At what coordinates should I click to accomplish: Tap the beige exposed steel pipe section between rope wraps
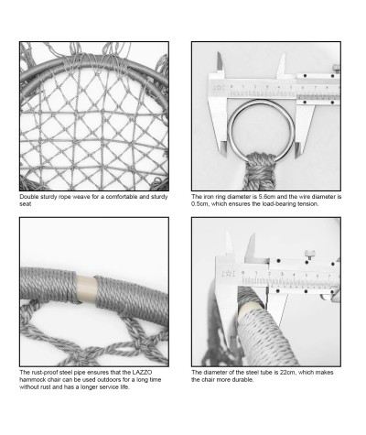[86, 288]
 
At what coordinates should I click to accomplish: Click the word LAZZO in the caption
[142, 373]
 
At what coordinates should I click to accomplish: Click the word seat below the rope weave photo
[26, 204]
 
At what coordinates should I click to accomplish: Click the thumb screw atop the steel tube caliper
[309, 255]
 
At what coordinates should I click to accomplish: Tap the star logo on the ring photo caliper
[219, 88]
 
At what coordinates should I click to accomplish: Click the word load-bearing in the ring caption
[278, 204]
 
